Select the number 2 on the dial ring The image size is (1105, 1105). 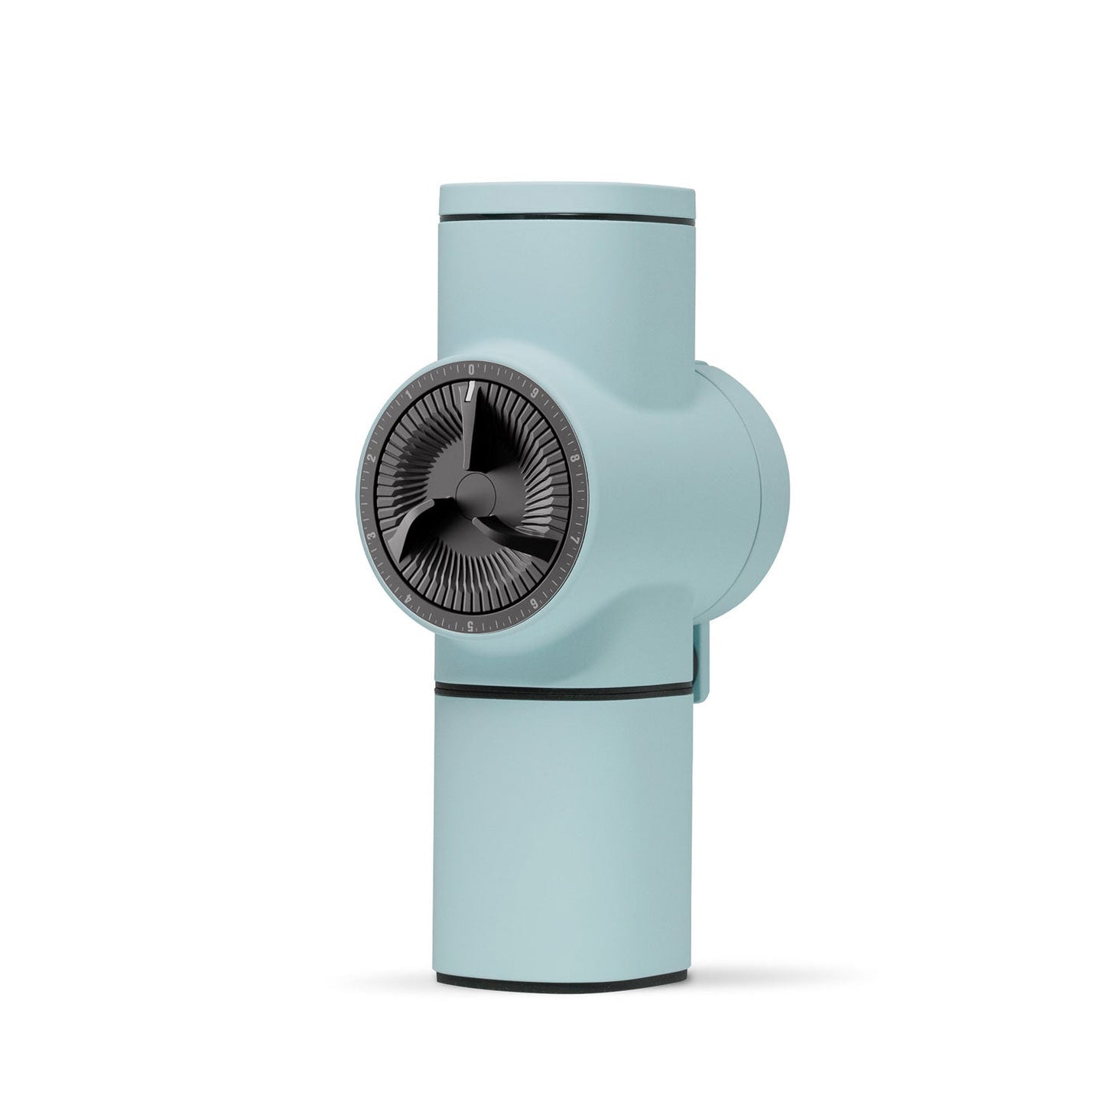point(370,457)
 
